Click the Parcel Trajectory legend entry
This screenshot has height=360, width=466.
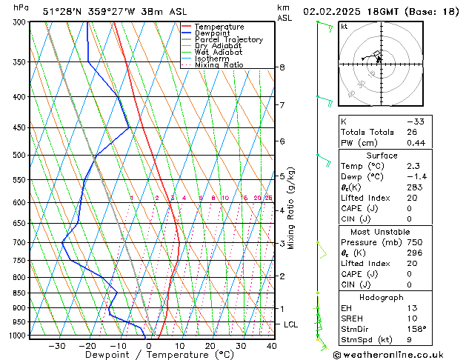tap(228, 39)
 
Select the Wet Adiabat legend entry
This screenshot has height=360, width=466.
tap(219, 52)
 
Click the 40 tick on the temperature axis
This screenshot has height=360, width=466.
tap(272, 346)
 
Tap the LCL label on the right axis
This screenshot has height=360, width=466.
tap(291, 324)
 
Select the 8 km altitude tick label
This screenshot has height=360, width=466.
tap(282, 67)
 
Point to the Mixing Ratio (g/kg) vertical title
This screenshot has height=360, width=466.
tap(292, 208)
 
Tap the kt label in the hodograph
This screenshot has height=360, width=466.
tap(344, 27)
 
